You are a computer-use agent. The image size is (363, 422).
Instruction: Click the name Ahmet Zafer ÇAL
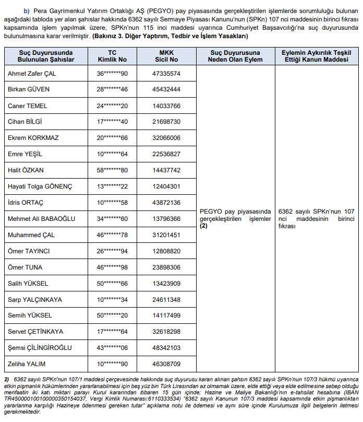pyautogui.click(x=32, y=74)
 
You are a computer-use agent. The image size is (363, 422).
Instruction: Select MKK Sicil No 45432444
pyautogui.click(x=166, y=90)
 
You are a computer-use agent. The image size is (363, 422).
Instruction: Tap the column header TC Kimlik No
pyautogui.click(x=112, y=56)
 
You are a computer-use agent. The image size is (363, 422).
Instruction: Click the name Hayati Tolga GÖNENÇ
pyautogui.click(x=40, y=186)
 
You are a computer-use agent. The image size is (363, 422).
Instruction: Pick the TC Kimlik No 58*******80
pyautogui.click(x=112, y=170)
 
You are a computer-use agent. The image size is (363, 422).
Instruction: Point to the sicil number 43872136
pyautogui.click(x=166, y=203)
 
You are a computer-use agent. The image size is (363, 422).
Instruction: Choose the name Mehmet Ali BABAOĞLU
pyautogui.click(x=42, y=219)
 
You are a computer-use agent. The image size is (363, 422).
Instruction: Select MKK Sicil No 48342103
pyautogui.click(x=166, y=347)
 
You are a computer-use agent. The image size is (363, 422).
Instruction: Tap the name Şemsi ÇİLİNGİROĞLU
pyautogui.click(x=40, y=347)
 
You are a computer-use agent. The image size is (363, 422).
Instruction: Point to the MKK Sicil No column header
pyautogui.click(x=166, y=56)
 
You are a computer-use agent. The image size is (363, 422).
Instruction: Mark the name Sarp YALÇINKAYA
pyautogui.click(x=34, y=299)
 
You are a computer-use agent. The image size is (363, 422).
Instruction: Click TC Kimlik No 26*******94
pyautogui.click(x=112, y=251)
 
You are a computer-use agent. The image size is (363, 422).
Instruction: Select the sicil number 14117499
pyautogui.click(x=166, y=315)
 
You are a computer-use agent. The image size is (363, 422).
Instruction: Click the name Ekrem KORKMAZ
pyautogui.click(x=33, y=138)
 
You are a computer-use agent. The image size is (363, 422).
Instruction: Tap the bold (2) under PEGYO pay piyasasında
pyautogui.click(x=204, y=227)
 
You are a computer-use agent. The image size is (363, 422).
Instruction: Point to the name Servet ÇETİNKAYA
pyautogui.click(x=35, y=332)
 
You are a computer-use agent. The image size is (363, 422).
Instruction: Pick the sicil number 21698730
pyautogui.click(x=166, y=122)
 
